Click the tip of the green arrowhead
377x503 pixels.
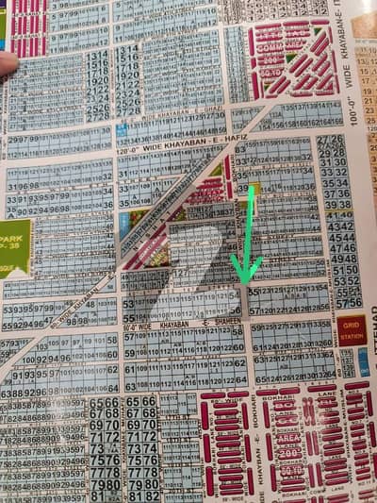244,282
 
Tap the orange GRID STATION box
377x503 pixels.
352,330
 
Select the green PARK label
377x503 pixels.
13,247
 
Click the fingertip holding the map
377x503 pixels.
7,62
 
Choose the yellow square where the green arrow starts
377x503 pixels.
253,187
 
